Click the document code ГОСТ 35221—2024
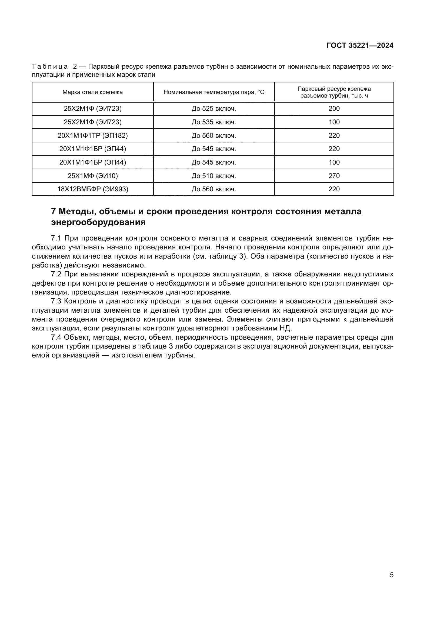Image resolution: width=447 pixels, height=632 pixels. [360, 46]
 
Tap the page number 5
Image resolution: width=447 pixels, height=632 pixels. [391, 575]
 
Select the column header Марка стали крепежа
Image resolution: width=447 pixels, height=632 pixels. [92, 92]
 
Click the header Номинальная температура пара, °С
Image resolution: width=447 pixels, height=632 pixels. [214, 92]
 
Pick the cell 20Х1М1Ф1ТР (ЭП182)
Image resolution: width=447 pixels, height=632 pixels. [92, 135]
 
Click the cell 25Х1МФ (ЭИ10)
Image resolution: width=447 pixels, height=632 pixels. [92, 176]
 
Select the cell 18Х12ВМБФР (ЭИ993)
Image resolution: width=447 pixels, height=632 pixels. [92, 189]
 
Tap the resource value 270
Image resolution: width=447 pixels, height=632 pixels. [334, 176]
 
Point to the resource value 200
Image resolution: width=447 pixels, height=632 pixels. [334, 108]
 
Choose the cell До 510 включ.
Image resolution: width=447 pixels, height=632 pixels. [214, 176]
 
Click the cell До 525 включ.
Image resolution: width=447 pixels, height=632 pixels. [214, 108]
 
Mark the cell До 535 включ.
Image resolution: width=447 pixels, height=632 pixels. [214, 122]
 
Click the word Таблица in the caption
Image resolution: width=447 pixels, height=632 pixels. [50, 67]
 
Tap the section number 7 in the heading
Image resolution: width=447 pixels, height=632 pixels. [54, 211]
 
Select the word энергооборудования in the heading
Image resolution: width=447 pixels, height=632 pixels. [98, 222]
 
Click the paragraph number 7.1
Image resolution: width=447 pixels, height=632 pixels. [56, 238]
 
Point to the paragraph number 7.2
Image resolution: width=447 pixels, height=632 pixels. [56, 274]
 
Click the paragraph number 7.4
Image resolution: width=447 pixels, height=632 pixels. [56, 337]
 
